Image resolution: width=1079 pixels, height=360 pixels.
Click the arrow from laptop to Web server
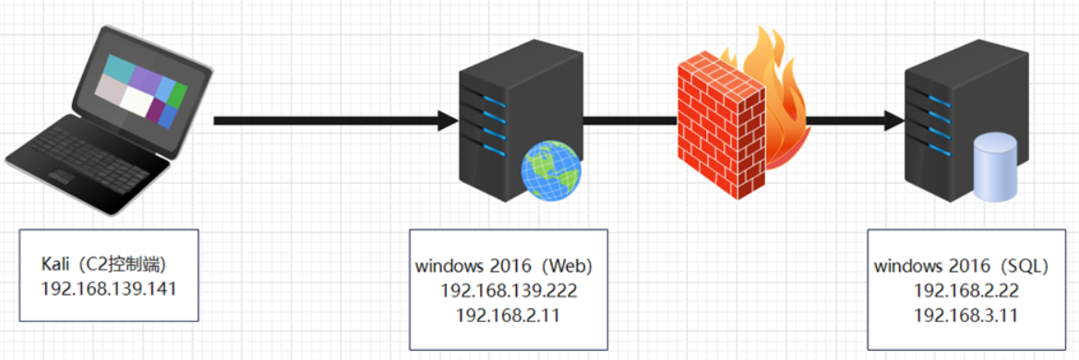tap(332, 120)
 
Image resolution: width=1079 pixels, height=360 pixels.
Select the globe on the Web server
tap(551, 172)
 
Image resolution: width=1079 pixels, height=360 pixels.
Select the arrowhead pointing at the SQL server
tap(892, 120)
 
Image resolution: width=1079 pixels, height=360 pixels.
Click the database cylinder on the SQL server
tap(995, 166)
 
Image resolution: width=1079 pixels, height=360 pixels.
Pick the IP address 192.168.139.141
tap(109, 287)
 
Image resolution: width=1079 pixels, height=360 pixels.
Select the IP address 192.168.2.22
tap(960, 290)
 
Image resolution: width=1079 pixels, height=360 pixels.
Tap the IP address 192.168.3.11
tap(960, 314)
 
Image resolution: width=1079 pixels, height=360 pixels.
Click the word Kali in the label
tap(57, 264)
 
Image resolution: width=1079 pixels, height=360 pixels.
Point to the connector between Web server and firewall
tap(628, 120)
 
